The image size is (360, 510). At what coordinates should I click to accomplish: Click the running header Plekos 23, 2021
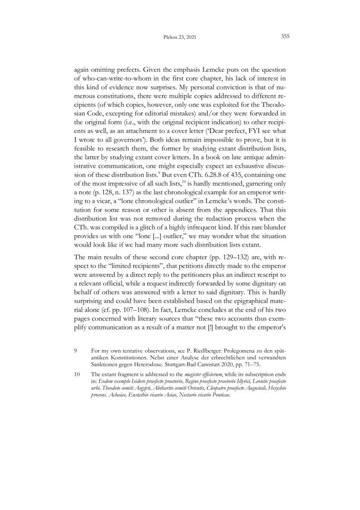point(179,37)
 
